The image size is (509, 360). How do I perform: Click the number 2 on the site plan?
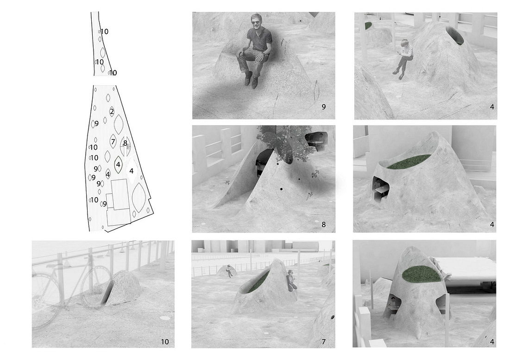tap(112, 112)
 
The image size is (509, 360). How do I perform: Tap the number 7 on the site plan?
tap(113, 141)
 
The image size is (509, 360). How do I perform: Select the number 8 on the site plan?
tap(126, 143)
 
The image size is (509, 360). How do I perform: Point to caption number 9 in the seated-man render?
tap(324, 107)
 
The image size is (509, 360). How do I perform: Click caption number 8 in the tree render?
tap(324, 224)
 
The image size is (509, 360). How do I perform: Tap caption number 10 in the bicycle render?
tap(165, 341)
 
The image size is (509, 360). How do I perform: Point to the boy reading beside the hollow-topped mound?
tap(403, 58)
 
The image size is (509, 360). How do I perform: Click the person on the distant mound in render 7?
tap(229, 271)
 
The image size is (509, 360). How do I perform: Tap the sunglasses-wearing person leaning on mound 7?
tap(291, 280)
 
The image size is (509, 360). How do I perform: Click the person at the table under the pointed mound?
tap(393, 303)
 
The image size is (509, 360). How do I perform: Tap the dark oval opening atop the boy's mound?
tap(455, 34)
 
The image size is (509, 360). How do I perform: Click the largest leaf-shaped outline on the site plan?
tap(139, 198)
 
